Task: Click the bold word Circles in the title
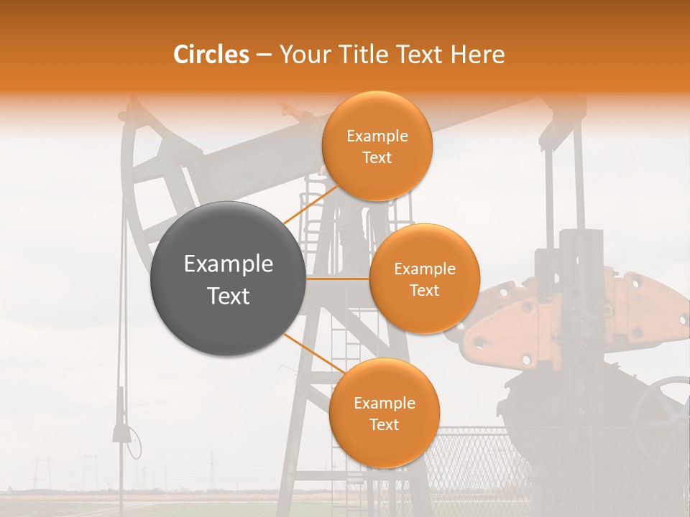tap(211, 55)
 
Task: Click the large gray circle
tap(228, 279)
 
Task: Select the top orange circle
tap(376, 146)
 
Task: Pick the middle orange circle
tap(424, 279)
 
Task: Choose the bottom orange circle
tap(384, 413)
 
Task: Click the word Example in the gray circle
tap(229, 264)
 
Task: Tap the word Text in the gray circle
tap(229, 295)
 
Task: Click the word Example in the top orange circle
tap(377, 136)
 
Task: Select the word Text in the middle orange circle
tap(424, 290)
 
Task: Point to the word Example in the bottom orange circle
tap(385, 403)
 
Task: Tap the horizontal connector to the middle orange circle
tap(337, 279)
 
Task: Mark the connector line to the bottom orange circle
tap(312, 353)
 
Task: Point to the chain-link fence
tap(474, 460)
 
